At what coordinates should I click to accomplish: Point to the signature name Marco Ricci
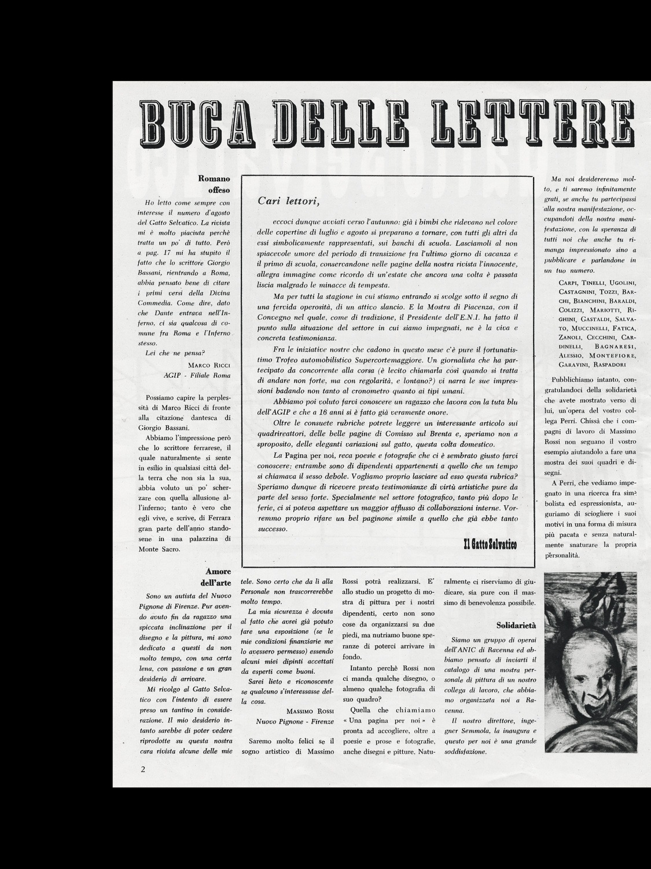pos(209,365)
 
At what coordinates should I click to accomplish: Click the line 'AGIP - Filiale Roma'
pos(197,375)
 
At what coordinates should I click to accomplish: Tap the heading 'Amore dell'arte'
pos(218,577)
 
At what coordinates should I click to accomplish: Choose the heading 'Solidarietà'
pos(517,626)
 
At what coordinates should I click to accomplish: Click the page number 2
pos(142,770)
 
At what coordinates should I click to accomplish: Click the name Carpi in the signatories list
pos(570,282)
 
